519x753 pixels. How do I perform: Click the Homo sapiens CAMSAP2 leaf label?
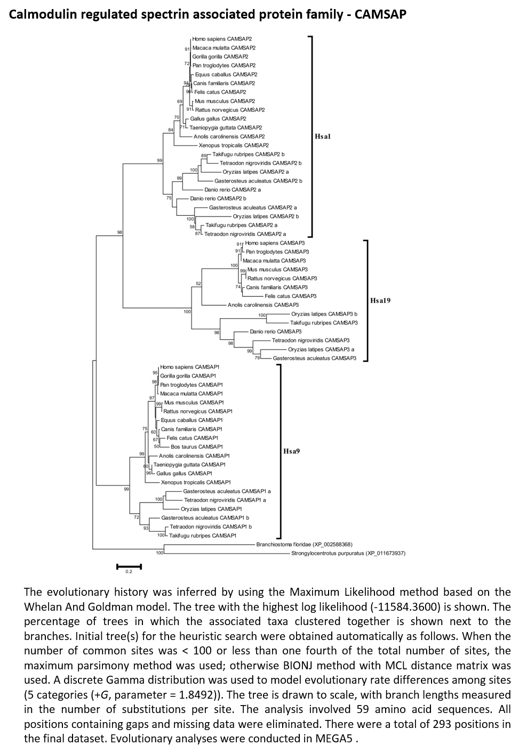[222, 39]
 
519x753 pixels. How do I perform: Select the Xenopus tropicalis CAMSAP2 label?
[234, 145]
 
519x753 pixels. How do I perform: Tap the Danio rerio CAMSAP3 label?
[275, 331]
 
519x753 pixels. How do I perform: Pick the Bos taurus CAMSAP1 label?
[197, 447]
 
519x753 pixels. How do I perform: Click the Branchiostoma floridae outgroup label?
[304, 544]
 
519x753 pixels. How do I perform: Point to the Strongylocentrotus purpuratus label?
[348, 553]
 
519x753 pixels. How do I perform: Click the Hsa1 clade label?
[322, 136]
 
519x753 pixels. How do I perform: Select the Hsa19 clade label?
[380, 301]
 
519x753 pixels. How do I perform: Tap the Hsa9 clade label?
[291, 451]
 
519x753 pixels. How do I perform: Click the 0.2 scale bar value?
[129, 571]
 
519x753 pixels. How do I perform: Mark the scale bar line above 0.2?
[129, 566]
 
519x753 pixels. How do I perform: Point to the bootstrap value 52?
[198, 284]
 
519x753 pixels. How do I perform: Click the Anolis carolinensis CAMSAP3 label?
[263, 305]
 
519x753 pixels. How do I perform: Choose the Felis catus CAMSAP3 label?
[290, 296]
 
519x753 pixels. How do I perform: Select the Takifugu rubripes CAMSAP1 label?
[203, 536]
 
